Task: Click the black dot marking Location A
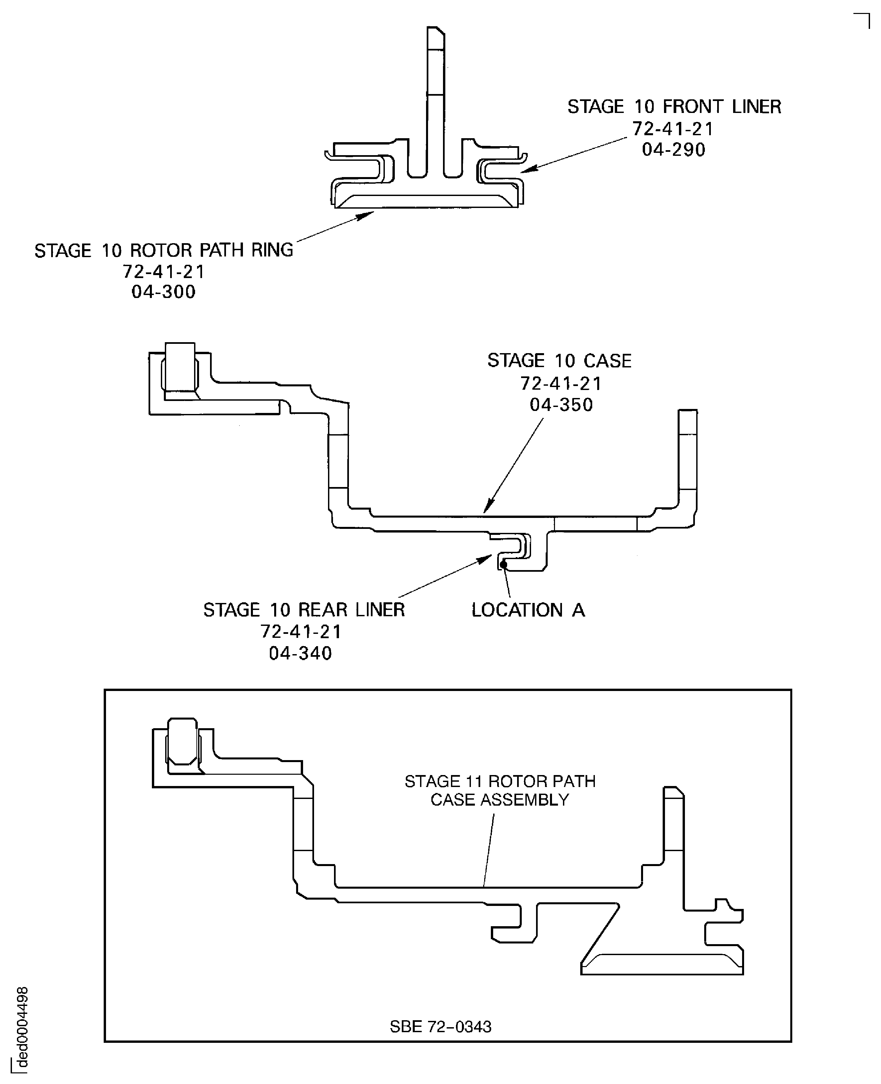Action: coord(503,564)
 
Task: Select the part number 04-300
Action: coord(164,292)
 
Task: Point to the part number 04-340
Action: coord(300,653)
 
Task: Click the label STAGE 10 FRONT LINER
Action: coord(674,107)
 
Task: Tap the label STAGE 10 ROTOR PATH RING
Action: coord(164,250)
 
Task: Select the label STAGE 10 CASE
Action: coord(559,361)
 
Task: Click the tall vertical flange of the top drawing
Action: coord(435,101)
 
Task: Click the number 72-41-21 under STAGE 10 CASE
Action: coord(561,383)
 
